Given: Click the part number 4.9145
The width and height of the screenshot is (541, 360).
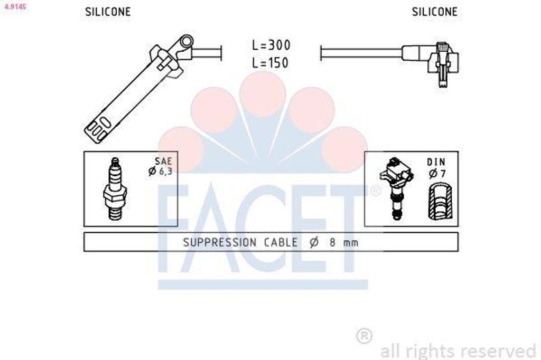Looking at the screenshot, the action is [x=15, y=6].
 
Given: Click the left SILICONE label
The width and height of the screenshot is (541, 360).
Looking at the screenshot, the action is [x=108, y=12].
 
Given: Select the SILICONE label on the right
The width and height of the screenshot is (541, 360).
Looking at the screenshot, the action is [x=435, y=12].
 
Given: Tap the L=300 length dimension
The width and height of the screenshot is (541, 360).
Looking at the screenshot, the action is [x=271, y=45].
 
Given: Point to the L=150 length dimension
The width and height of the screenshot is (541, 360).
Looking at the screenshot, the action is [x=270, y=62].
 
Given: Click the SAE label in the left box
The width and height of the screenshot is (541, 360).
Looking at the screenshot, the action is [x=163, y=161].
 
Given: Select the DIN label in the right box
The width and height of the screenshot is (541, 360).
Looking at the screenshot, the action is [x=436, y=162].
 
